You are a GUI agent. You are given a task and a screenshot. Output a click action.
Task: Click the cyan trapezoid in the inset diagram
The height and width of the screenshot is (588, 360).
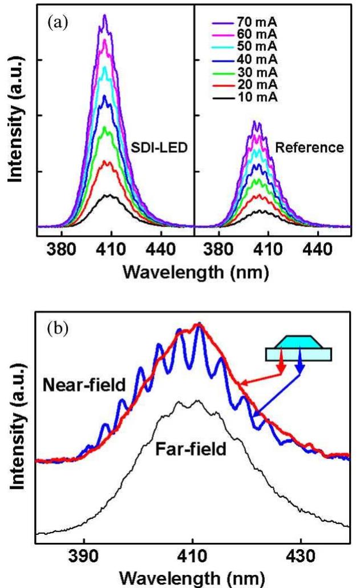coord(297,344)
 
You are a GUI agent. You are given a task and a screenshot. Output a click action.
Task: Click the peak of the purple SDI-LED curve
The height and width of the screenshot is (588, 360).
coord(104,15)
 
